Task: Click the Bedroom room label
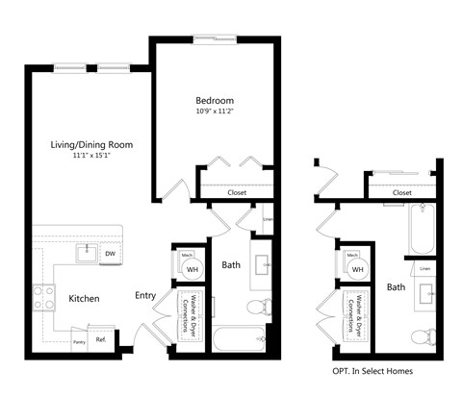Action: tap(214, 100)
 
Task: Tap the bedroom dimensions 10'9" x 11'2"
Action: tap(214, 111)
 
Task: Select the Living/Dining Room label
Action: tap(91, 145)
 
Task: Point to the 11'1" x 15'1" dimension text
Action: tap(91, 156)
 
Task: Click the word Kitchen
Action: tap(84, 299)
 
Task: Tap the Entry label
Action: tap(145, 296)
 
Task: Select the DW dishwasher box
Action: tap(110, 254)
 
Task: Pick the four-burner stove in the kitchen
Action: tap(43, 298)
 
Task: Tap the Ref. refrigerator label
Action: tap(100, 339)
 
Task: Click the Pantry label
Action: tap(80, 340)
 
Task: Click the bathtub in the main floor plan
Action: tap(238, 338)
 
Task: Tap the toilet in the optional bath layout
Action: tap(421, 336)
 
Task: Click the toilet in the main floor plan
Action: tap(257, 308)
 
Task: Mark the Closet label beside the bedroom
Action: tap(237, 192)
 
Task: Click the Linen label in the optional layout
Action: tap(424, 269)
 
